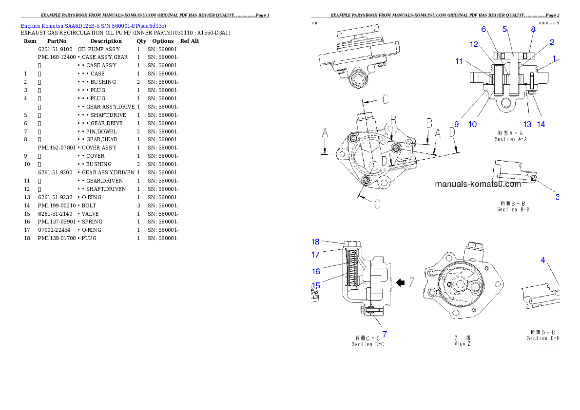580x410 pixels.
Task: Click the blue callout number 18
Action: pyautogui.click(x=315, y=242)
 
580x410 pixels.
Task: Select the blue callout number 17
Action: pyautogui.click(x=315, y=254)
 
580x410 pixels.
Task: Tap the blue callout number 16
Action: pyautogui.click(x=316, y=271)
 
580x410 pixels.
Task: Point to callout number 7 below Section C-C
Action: pyautogui.click(x=384, y=334)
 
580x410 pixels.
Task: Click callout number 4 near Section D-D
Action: pyautogui.click(x=543, y=260)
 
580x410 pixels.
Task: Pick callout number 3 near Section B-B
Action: pyautogui.click(x=558, y=197)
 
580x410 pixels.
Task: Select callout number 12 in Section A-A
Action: pyautogui.click(x=474, y=45)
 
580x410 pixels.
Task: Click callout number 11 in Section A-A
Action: pyautogui.click(x=459, y=61)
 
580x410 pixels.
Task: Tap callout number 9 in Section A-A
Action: pyautogui.click(x=456, y=124)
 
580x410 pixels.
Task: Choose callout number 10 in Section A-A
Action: pyautogui.click(x=472, y=124)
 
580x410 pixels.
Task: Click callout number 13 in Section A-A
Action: pyautogui.click(x=527, y=124)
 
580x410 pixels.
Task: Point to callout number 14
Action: pyautogui.click(x=541, y=124)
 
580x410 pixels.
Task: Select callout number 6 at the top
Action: pyautogui.click(x=483, y=29)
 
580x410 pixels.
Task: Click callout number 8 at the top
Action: pyautogui.click(x=533, y=29)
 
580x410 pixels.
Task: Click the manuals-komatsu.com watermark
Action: pyautogui.click(x=478, y=184)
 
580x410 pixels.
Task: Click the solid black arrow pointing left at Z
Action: pyautogui.click(x=401, y=282)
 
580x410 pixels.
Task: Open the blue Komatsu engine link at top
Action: pyautogui.click(x=93, y=25)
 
